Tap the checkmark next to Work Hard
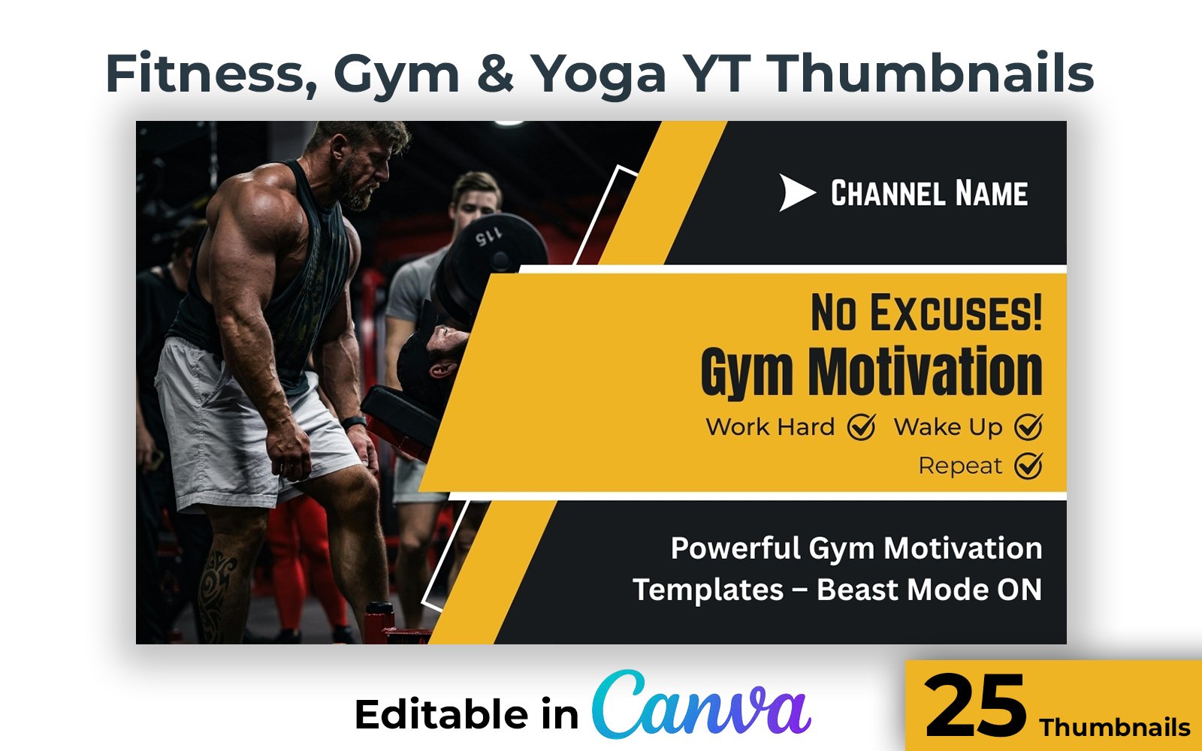click(x=862, y=427)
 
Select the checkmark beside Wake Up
click(x=1028, y=427)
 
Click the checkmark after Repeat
click(x=1028, y=465)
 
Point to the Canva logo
click(x=702, y=704)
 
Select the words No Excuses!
click(x=926, y=312)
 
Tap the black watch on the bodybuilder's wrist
click(x=355, y=423)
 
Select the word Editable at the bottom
click(x=441, y=714)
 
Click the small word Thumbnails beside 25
click(x=1115, y=728)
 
